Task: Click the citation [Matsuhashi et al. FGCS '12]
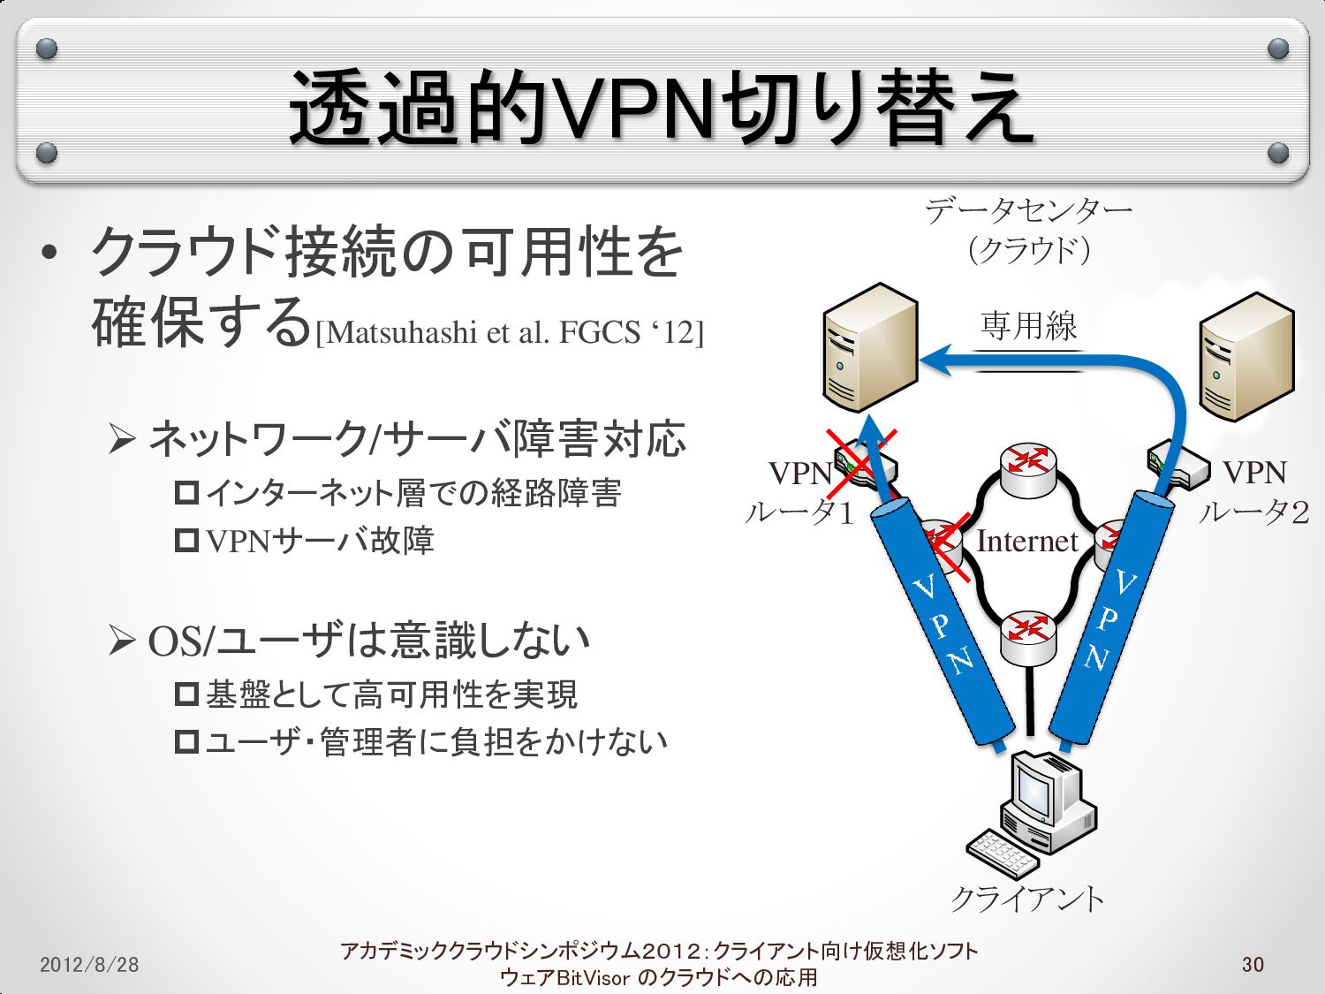[x=510, y=333]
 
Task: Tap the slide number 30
[x=1253, y=964]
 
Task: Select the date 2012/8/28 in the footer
[x=89, y=964]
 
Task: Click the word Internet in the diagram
[x=1026, y=541]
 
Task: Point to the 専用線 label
[x=1028, y=326]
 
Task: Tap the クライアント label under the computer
[x=1027, y=899]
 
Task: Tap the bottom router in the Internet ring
[x=1029, y=636]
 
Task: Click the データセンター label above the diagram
[x=1028, y=211]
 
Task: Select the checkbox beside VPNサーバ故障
[x=186, y=540]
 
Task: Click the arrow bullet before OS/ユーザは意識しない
[x=121, y=641]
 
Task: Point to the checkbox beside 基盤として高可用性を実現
[x=186, y=694]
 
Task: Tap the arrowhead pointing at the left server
[x=936, y=360]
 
